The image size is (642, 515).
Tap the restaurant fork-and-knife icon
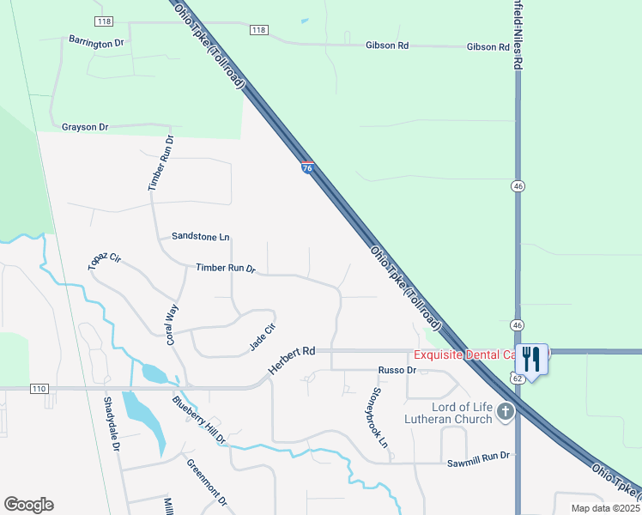(531, 358)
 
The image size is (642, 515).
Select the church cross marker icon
(506, 412)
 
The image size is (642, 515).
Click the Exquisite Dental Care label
(464, 354)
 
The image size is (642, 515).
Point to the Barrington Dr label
(96, 41)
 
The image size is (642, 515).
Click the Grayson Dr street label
(85, 127)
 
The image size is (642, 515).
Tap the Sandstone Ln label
(201, 236)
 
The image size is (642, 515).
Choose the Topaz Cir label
(105, 262)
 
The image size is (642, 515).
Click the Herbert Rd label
(292, 359)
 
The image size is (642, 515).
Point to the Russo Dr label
(397, 370)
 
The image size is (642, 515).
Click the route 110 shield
(39, 389)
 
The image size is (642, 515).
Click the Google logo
(28, 505)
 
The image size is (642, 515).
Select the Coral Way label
(173, 324)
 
